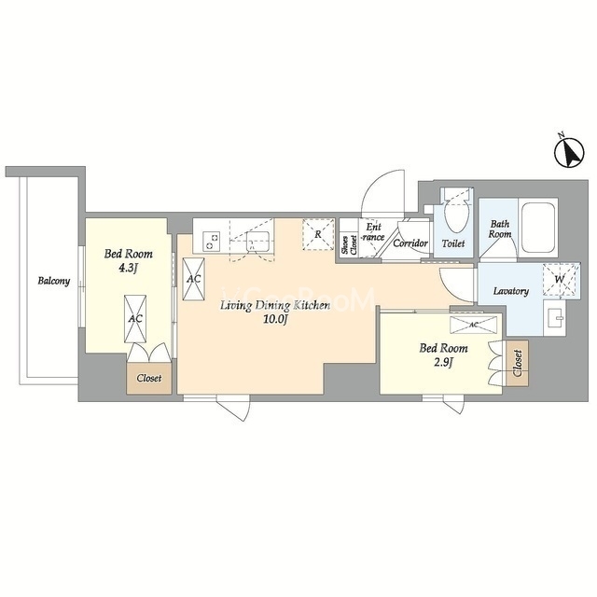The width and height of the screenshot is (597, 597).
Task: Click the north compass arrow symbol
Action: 569,153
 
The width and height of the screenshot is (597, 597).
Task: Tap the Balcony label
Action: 54,281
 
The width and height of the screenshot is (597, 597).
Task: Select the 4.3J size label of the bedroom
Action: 128,269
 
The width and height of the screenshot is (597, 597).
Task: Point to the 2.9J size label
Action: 443,363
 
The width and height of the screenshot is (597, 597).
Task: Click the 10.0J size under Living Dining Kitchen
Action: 274,319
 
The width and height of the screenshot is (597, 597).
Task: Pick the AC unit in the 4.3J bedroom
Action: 135,319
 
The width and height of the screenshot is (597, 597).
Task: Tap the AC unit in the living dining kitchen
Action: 193,279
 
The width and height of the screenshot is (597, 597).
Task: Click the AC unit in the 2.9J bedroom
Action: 473,325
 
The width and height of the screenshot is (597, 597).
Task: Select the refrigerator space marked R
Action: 318,234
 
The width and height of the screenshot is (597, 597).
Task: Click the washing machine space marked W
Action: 562,279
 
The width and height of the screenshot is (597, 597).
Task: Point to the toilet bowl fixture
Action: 456,214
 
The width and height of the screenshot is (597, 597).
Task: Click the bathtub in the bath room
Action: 538,228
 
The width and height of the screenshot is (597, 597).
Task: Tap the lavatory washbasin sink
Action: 554,317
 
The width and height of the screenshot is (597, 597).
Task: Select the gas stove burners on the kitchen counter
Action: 211,241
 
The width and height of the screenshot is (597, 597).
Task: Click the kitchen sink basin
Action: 258,242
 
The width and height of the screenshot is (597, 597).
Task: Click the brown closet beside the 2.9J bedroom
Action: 517,363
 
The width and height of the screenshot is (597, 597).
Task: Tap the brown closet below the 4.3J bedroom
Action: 149,378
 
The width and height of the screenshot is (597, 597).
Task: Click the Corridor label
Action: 410,243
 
